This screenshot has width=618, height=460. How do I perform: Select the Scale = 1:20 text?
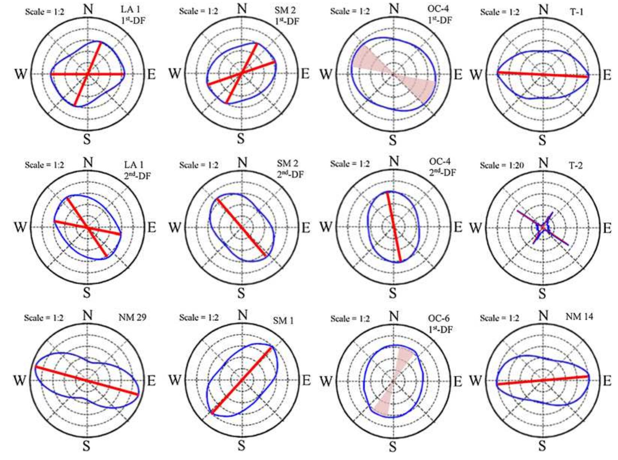pyautogui.click(x=502, y=165)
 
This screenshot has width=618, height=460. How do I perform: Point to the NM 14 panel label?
pyautogui.click(x=579, y=317)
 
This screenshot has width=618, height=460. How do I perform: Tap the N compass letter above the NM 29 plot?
pyautogui.click(x=87, y=315)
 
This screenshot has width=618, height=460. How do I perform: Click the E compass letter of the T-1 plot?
pyautogui.click(x=607, y=75)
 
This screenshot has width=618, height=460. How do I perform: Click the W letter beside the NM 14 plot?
pyautogui.click(x=475, y=381)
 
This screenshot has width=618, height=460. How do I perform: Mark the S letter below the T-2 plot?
pyautogui.click(x=542, y=294)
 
